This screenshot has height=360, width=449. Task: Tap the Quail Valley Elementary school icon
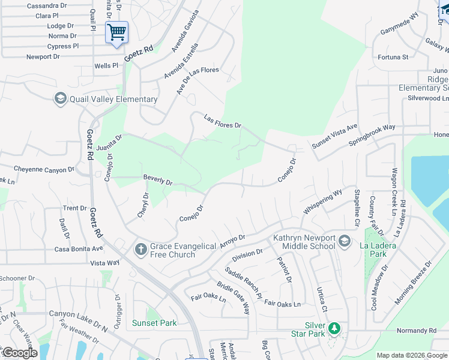tap(60, 98)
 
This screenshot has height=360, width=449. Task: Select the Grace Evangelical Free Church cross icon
tap(140, 250)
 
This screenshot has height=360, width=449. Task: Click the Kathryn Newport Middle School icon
tap(345, 241)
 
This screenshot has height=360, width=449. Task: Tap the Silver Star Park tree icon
tap(334, 329)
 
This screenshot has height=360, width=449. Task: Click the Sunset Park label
tap(155, 323)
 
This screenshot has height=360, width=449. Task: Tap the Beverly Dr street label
tap(158, 179)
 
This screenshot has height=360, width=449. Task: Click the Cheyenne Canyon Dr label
tap(44, 169)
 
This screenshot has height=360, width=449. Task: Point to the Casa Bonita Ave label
tap(79, 248)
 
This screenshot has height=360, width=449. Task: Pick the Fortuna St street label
tap(393, 57)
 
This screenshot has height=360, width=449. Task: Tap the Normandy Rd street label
tap(416, 331)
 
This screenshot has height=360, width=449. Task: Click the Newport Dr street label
tap(43, 57)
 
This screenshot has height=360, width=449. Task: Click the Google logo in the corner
tap(20, 353)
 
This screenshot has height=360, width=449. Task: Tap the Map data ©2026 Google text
tap(412, 355)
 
